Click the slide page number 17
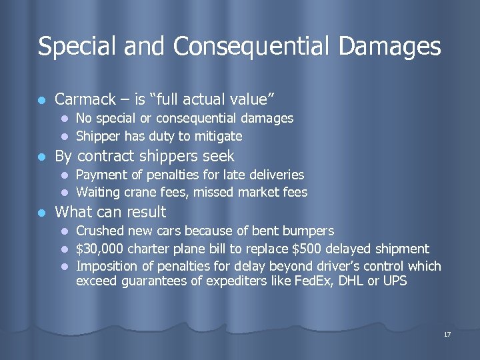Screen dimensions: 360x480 (x=447, y=333)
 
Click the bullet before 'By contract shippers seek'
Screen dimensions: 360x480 (x=42, y=157)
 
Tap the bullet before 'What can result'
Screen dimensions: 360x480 (x=42, y=213)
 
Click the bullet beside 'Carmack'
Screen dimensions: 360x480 (x=42, y=100)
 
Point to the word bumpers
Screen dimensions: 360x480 (x=309, y=231)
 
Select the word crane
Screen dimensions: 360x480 (x=138, y=193)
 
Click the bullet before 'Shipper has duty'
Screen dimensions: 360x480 (x=65, y=137)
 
